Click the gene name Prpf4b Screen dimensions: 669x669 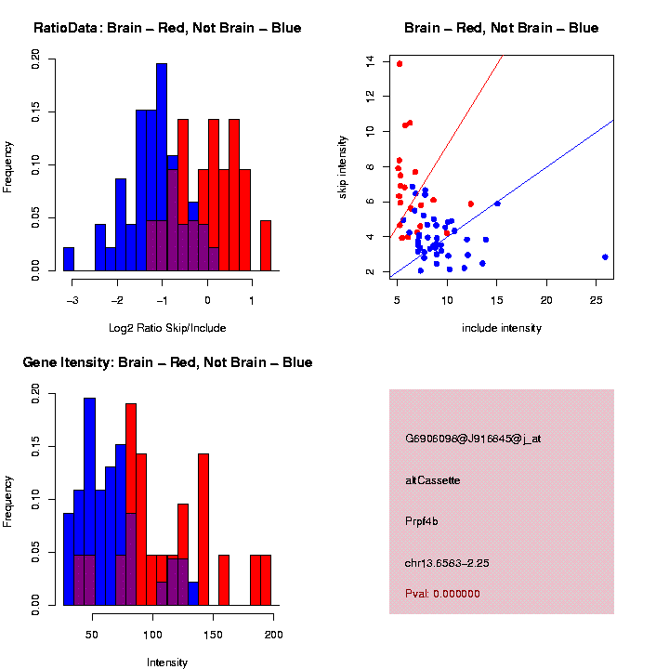coord(422,521)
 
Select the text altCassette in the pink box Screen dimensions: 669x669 coord(433,480)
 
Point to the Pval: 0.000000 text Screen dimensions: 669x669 coord(442,594)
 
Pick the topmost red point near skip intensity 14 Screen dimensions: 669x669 coord(400,64)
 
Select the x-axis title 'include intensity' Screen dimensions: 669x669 coord(502,328)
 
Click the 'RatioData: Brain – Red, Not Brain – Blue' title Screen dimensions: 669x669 coord(167,28)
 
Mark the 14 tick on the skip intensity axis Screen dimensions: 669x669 coord(370,61)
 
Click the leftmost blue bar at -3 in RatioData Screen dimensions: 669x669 coord(69,259)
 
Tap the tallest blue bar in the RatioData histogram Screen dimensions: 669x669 coord(162,167)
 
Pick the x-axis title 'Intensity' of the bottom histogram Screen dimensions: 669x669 coord(167,662)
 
